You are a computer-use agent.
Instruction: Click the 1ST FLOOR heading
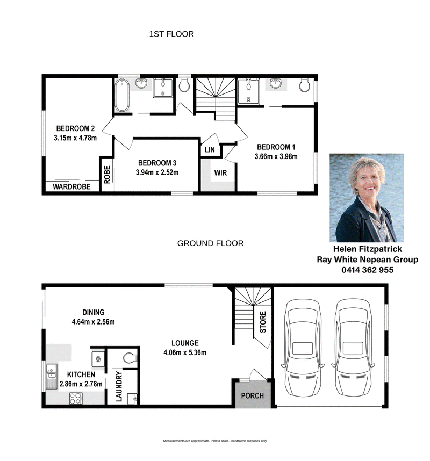click(x=171, y=34)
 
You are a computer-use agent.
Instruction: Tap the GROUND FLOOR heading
click(x=210, y=243)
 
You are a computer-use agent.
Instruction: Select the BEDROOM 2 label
click(x=75, y=128)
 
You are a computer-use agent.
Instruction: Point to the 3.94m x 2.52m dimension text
click(x=157, y=172)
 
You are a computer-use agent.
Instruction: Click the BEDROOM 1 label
click(x=276, y=147)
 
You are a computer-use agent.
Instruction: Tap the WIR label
click(x=220, y=172)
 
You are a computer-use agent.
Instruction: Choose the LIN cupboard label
click(x=210, y=150)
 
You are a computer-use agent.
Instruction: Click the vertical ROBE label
click(x=107, y=175)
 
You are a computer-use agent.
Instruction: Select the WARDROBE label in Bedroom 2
click(x=72, y=186)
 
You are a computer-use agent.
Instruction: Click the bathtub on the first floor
click(x=122, y=95)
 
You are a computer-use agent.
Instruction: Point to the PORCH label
click(x=252, y=396)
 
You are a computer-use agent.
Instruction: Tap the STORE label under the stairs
click(x=263, y=322)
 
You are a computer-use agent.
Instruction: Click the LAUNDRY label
click(x=119, y=386)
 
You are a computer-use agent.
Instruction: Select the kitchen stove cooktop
click(x=76, y=398)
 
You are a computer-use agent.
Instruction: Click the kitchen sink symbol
click(x=51, y=376)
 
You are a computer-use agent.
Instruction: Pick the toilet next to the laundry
click(x=130, y=358)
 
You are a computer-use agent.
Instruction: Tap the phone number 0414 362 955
click(x=367, y=270)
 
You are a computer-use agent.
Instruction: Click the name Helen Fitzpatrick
click(x=367, y=249)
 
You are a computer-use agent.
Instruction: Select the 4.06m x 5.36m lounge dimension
click(x=185, y=352)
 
